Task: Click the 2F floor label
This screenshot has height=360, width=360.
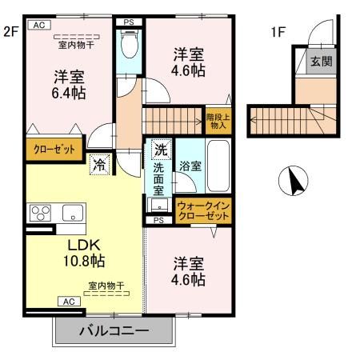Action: coord(10,33)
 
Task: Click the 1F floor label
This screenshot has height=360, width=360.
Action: coord(278,33)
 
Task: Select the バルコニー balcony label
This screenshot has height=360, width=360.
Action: coord(114,331)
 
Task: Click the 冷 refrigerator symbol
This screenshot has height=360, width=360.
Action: coord(100,166)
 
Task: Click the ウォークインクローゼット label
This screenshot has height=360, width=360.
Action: coord(203,212)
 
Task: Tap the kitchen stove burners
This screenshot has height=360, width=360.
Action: coord(38,213)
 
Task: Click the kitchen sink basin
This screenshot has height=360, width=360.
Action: coord(70,214)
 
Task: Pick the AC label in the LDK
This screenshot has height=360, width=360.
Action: coord(70,302)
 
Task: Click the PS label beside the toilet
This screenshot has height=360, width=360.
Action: coord(128,22)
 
